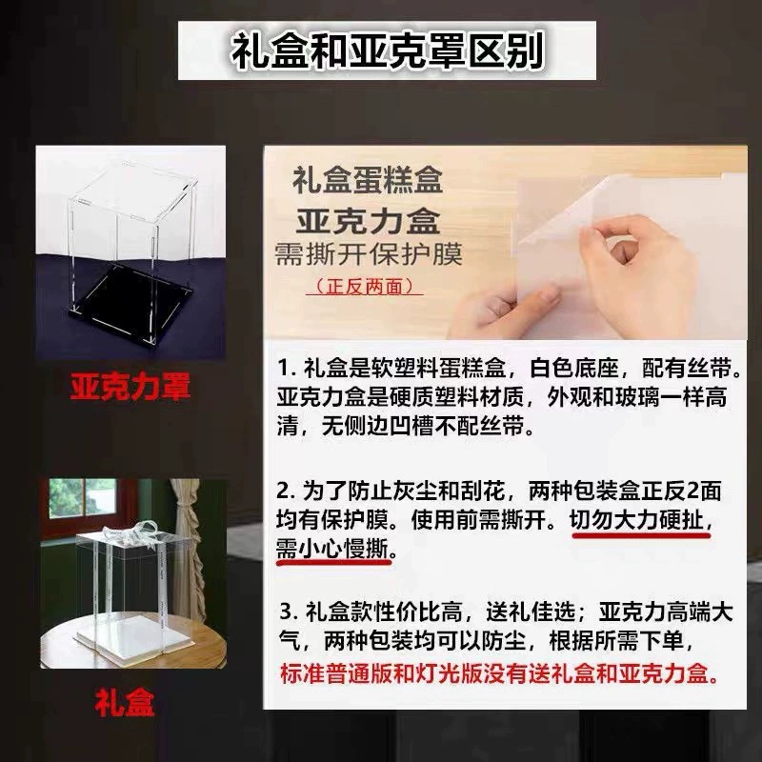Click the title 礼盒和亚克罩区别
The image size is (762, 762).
coord(387,50)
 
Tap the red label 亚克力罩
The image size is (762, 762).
coord(130,387)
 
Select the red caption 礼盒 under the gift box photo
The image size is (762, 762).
coord(125,703)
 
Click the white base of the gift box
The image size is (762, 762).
coord(134,636)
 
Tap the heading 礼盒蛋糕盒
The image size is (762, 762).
coord(368,180)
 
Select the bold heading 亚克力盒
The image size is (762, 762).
coord(368,221)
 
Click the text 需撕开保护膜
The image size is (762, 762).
coord(369,253)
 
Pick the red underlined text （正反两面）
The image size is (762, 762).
coord(365,287)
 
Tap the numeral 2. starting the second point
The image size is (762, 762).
coord(287,491)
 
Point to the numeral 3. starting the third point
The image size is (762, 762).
coord(290,612)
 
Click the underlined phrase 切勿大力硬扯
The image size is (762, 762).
coord(636,521)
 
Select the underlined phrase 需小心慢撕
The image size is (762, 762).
coord(332,551)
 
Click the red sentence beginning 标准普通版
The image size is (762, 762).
coord(499,673)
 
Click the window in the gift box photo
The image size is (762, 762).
coord(83,497)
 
